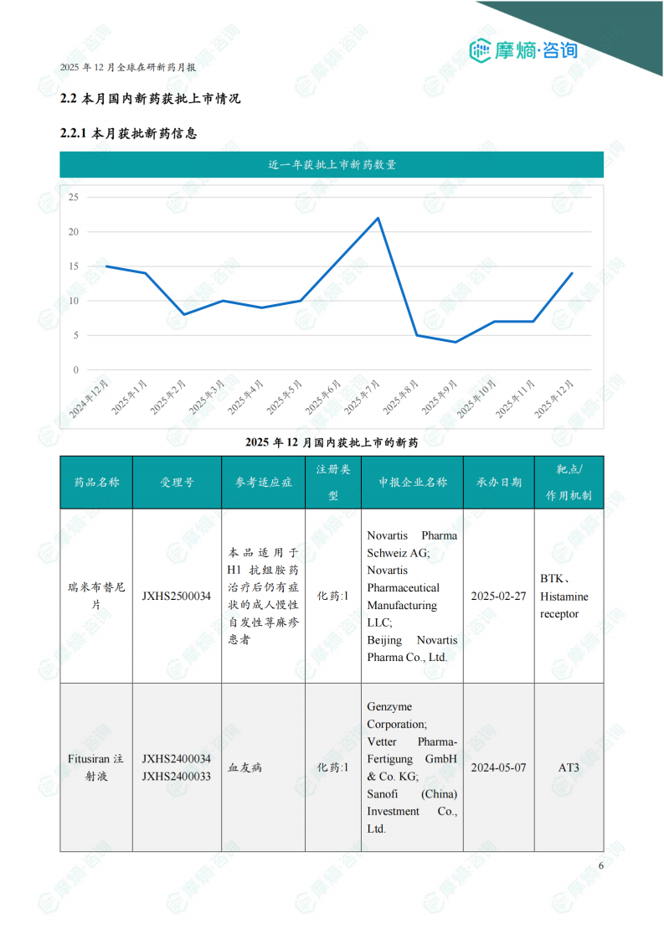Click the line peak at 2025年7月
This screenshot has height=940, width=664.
378,218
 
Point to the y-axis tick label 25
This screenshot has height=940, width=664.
74,198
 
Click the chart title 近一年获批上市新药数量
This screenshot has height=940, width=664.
332,165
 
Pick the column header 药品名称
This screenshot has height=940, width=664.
96,483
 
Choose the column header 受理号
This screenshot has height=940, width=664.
177,483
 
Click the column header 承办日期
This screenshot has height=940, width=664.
498,483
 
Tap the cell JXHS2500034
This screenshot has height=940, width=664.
177,597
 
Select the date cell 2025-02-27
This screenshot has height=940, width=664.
498,597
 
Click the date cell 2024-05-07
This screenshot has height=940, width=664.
498,767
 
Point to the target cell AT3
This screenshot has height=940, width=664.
569,767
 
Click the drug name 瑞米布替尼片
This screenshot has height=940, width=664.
96,597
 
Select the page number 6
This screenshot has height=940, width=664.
600,866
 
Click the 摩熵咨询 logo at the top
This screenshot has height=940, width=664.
523,50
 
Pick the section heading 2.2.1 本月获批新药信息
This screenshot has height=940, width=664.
129,133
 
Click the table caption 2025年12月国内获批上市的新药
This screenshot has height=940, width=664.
332,442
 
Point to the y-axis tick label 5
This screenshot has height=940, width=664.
75,335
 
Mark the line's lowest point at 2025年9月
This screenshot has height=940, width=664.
456,342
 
